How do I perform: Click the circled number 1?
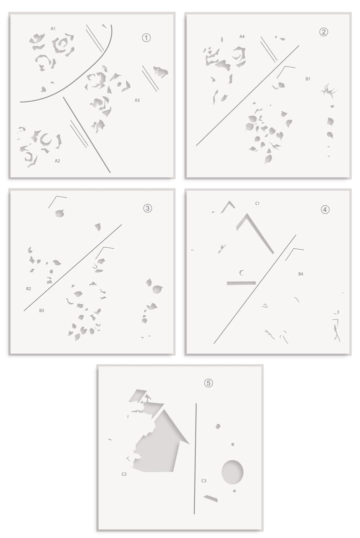(146, 38)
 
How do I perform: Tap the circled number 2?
(323, 32)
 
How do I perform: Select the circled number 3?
(147, 208)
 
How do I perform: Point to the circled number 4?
(324, 209)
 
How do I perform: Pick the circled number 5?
(208, 382)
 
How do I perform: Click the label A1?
(53, 29)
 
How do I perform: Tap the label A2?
(57, 161)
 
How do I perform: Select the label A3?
(137, 100)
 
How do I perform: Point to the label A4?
(242, 37)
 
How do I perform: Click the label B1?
(308, 79)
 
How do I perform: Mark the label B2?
(28, 289)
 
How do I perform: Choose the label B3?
(41, 310)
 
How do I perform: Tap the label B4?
(300, 274)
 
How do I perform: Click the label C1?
(257, 204)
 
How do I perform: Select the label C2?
(124, 474)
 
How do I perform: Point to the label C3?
(203, 481)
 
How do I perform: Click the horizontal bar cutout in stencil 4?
(241, 283)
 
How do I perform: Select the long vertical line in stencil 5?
(195, 458)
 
